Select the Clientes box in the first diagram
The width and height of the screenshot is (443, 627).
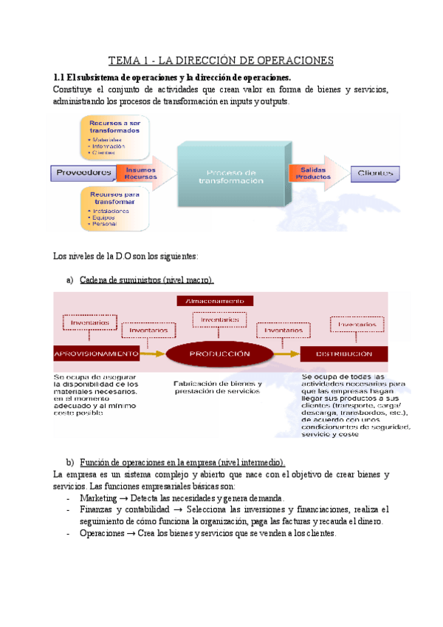click(375, 174)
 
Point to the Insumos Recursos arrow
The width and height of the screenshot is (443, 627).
click(142, 174)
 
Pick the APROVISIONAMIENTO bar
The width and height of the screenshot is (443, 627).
click(96, 354)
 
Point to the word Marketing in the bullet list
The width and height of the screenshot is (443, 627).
click(97, 498)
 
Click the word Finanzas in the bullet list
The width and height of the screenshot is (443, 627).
click(96, 509)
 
